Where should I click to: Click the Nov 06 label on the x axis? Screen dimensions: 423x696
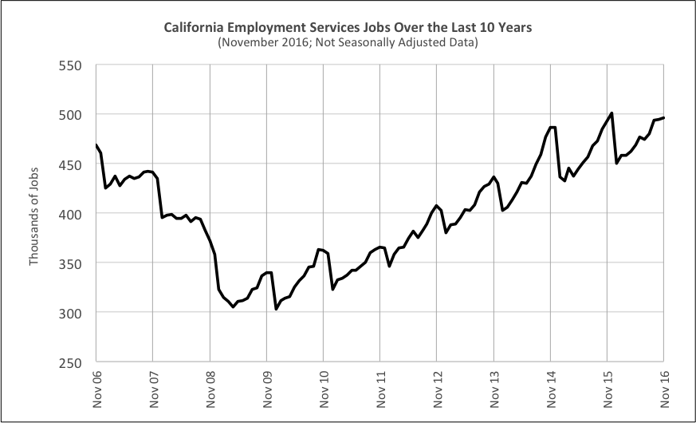96,389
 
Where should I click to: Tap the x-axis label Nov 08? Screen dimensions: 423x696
210,389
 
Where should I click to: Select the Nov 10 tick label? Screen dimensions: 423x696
324,389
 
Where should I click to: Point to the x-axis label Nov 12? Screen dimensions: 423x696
438,389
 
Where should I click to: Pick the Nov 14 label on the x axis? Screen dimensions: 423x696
551,389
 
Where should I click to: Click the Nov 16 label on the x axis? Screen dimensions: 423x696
664,389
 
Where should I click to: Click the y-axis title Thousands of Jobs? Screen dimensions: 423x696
34,213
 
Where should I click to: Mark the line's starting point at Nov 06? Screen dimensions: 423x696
96,145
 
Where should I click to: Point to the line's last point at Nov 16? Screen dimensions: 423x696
664,118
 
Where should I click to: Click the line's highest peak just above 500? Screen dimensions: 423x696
611,113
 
